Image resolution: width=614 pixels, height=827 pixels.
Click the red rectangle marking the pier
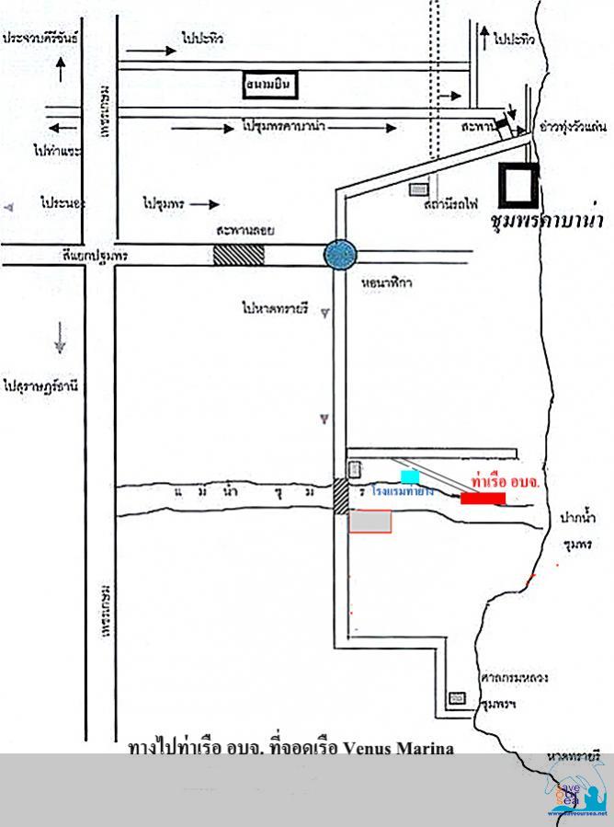483,499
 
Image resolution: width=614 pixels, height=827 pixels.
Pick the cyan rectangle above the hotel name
410,476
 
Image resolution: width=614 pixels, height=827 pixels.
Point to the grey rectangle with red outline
370,520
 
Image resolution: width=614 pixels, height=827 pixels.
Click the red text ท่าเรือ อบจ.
504,481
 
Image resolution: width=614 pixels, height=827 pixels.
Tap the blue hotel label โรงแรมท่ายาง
404,493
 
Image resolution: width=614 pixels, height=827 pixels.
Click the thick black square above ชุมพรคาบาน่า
517,183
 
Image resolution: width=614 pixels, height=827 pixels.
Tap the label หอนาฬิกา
388,283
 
